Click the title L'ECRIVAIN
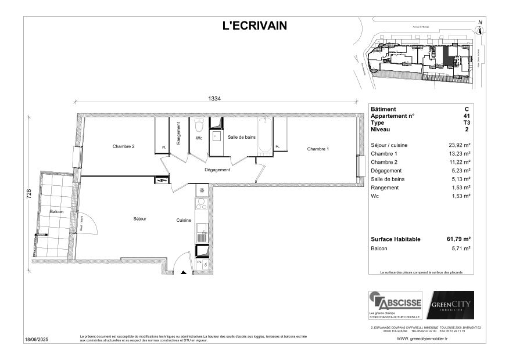(x=254, y=25)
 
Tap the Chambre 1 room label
(x=318, y=149)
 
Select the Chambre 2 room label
(x=123, y=146)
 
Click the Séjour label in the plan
(x=139, y=219)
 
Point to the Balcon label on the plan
(x=56, y=212)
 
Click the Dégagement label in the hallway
(x=217, y=170)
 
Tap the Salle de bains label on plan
(x=241, y=136)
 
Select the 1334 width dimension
(x=215, y=99)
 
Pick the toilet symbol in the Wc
(x=199, y=125)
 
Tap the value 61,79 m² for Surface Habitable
(x=459, y=239)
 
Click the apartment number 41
(x=466, y=116)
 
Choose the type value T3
(x=466, y=123)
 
